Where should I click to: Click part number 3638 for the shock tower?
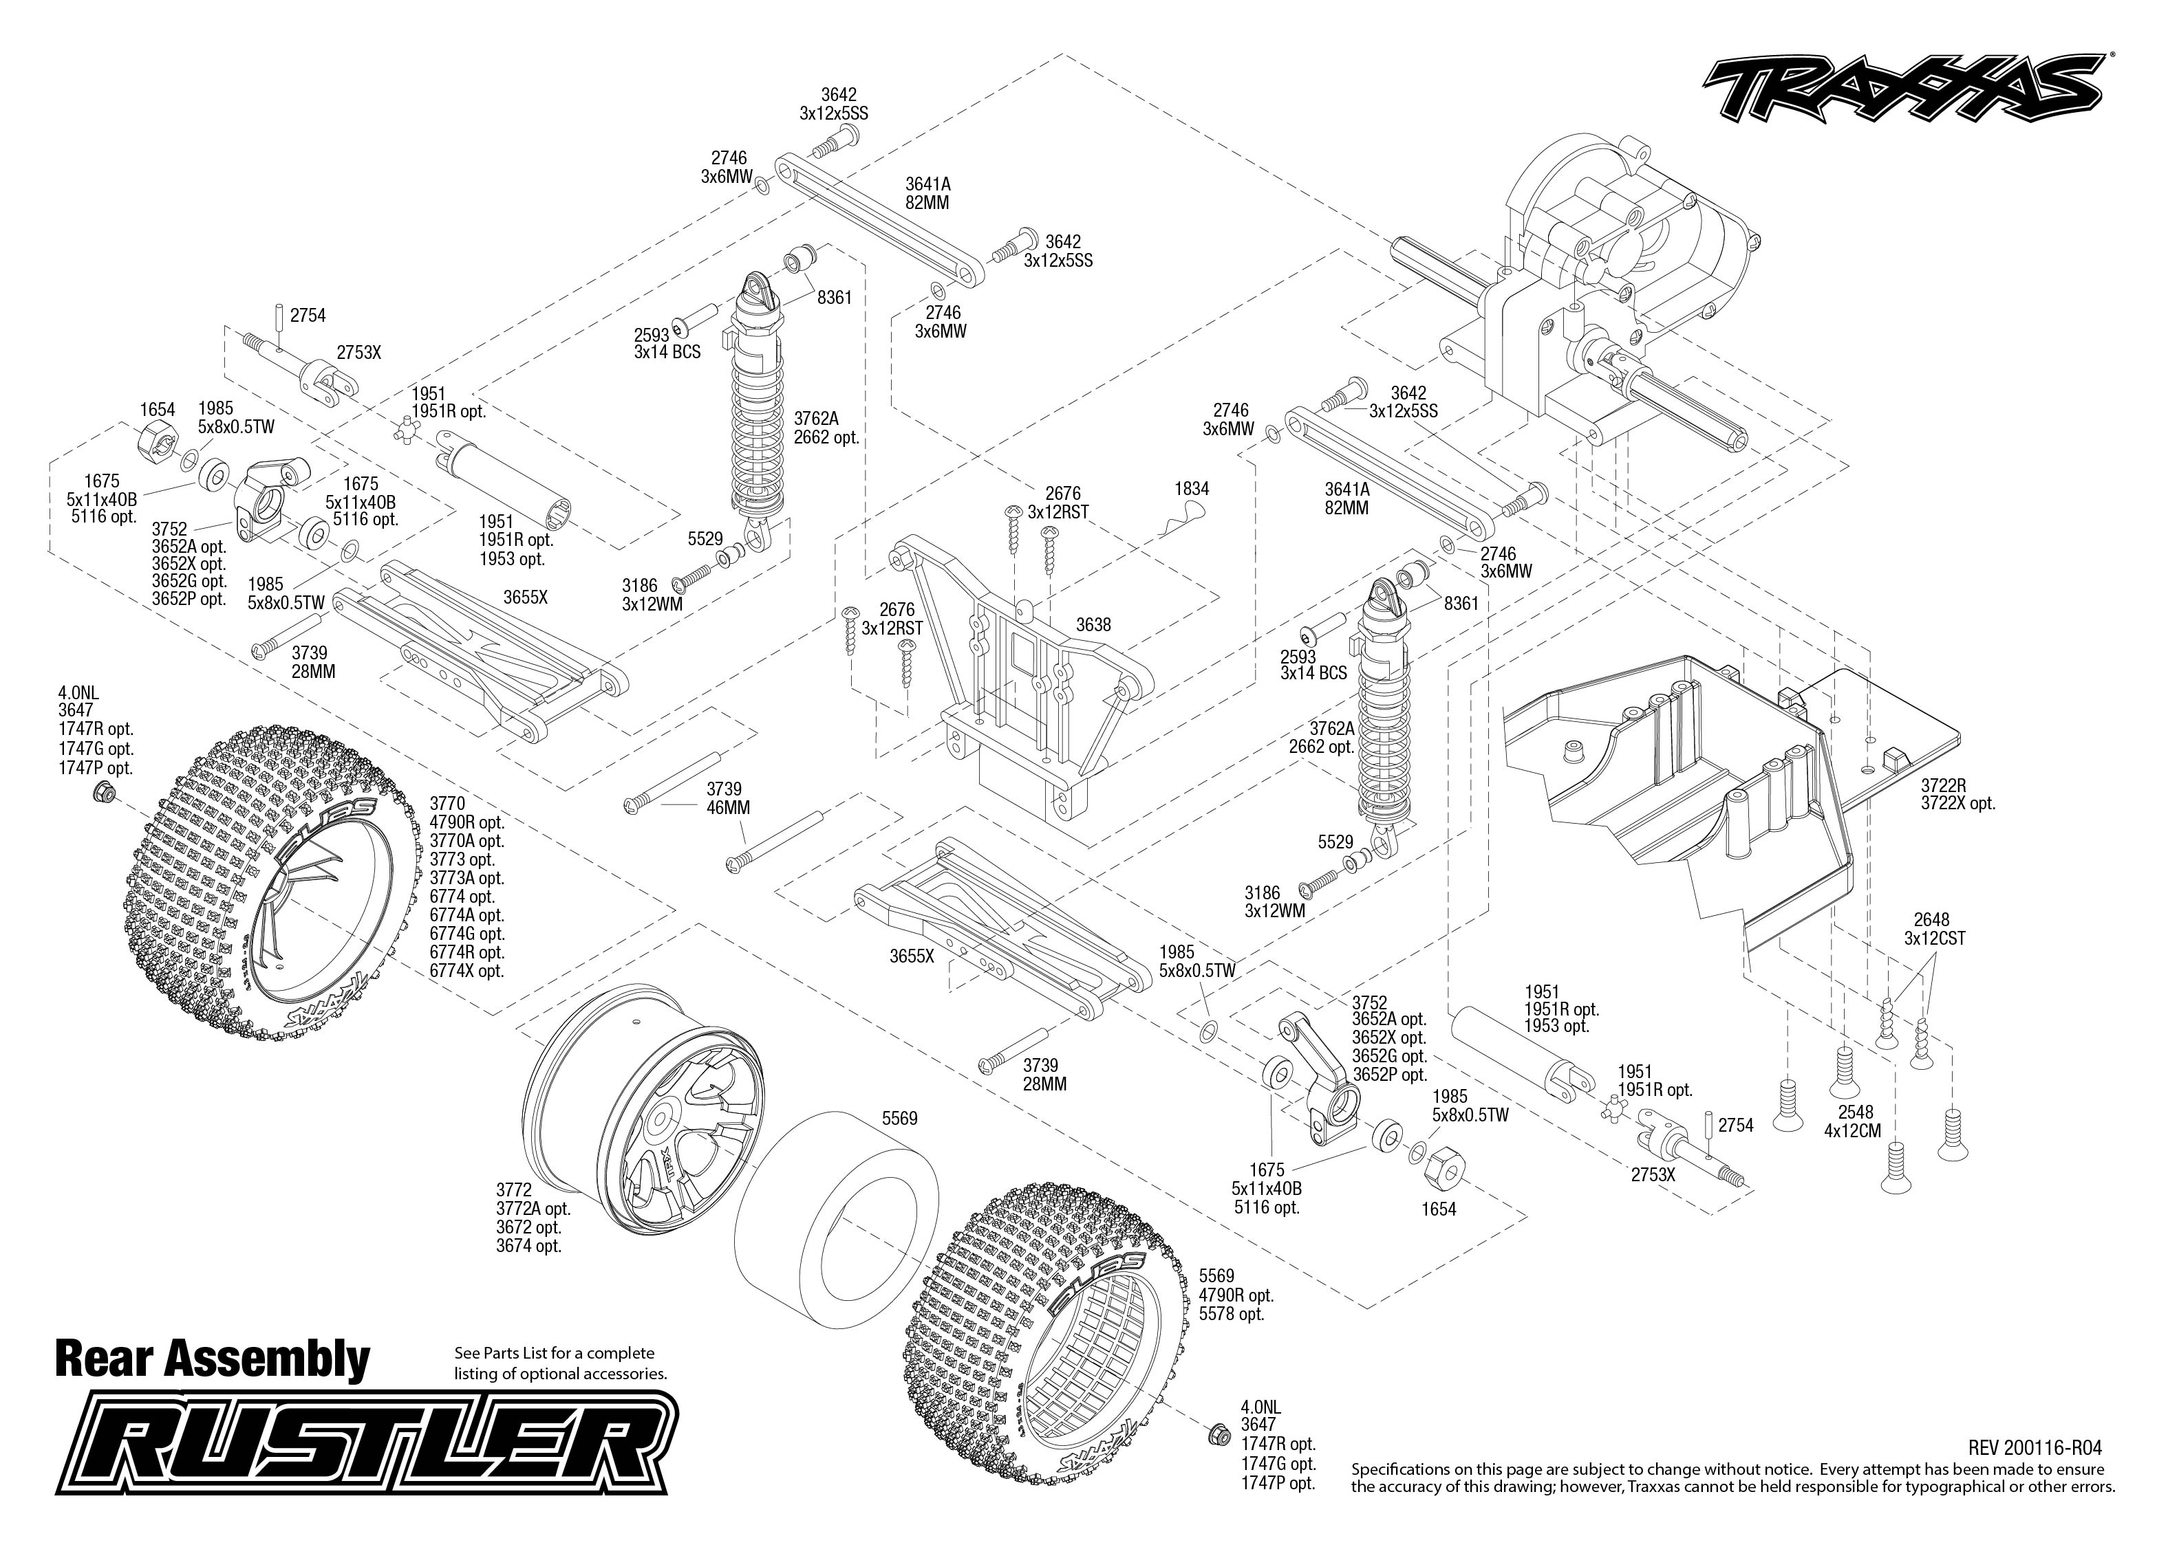click(x=1093, y=625)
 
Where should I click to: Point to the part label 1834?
click(x=1191, y=489)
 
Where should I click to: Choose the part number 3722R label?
click(x=1943, y=785)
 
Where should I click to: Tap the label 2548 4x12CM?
click(x=1854, y=1121)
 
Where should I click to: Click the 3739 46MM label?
click(x=728, y=798)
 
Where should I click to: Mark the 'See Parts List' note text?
click(x=560, y=1363)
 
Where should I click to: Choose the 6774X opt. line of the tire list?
click(x=466, y=971)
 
